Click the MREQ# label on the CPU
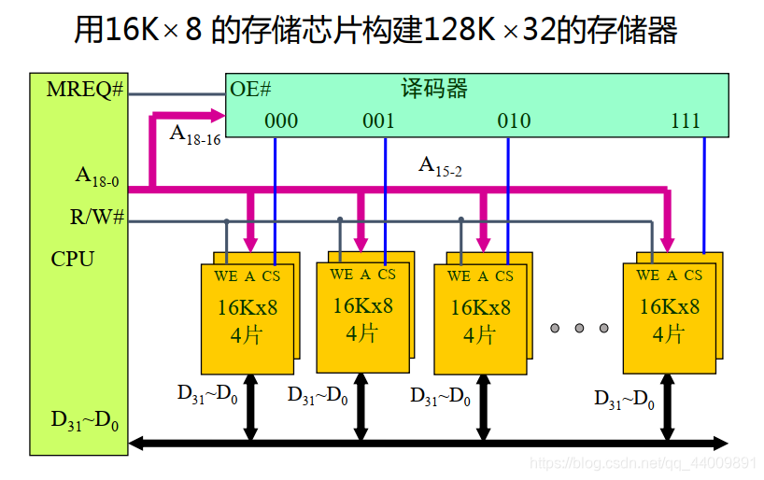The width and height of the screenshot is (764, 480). [85, 90]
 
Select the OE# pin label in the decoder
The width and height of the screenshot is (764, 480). [250, 90]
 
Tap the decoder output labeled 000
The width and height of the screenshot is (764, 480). [281, 120]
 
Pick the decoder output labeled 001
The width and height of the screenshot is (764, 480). [378, 120]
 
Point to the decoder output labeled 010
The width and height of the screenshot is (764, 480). [514, 120]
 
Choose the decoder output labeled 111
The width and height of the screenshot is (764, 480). [686, 120]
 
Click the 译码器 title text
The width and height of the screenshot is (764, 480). [434, 90]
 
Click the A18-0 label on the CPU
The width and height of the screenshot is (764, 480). [97, 176]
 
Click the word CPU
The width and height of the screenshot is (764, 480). [72, 259]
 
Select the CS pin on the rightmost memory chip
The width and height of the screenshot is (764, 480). [693, 275]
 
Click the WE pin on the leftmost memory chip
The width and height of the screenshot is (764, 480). [226, 275]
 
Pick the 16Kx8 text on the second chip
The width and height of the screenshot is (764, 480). [362, 306]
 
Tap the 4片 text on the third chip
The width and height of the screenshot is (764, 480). [480, 334]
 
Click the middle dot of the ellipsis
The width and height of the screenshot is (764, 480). [579, 328]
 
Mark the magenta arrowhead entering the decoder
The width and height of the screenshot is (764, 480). [220, 115]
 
